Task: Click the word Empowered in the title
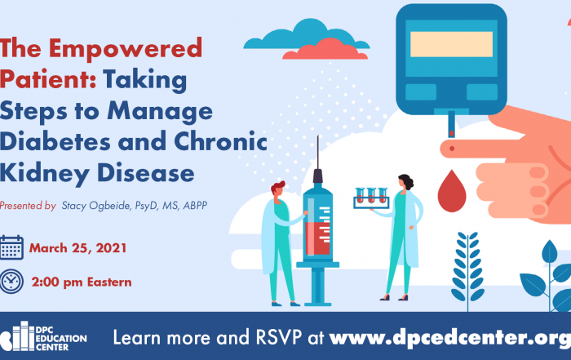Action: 126,48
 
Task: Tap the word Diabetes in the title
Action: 55,141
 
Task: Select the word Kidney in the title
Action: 45,174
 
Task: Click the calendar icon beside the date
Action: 11,248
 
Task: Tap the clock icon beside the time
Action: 11,282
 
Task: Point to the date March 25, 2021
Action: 78,248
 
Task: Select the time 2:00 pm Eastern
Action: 82,282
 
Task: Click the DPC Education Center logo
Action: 43,336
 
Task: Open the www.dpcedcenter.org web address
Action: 450,338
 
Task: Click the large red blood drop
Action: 452,191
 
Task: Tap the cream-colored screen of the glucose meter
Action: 452,44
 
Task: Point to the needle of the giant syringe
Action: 318,153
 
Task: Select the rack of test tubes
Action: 371,198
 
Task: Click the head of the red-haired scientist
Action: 277,191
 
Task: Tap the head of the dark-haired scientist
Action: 405,183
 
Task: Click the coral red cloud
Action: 325,49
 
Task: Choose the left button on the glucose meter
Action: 421,91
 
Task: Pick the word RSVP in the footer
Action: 279,337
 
